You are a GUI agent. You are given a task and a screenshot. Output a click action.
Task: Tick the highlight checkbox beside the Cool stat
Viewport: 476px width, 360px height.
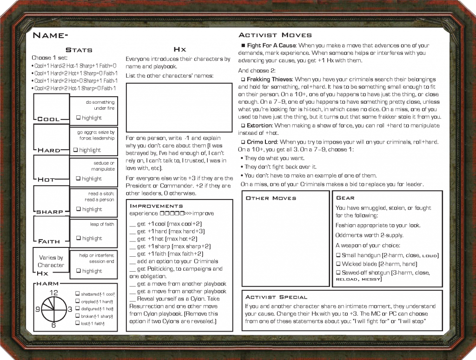coord(79,118)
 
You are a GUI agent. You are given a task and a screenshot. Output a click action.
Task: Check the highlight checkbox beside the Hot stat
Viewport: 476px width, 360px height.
coord(79,179)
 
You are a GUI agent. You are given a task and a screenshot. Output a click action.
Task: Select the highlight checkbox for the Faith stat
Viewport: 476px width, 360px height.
coord(79,238)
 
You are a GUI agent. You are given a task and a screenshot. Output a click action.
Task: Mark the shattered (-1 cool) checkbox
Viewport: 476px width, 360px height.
coord(77,294)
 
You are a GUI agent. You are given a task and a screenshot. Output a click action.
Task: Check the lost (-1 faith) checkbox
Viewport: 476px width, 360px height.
coord(77,323)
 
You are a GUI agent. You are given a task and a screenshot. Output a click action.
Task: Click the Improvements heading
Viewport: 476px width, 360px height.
coord(156,206)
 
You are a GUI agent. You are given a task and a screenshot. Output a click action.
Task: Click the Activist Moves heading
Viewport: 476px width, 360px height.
coord(275,35)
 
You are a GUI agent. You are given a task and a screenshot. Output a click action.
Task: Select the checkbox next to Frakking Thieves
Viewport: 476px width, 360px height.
coord(243,80)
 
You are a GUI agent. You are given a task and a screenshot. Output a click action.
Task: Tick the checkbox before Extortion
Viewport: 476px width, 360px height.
coord(243,126)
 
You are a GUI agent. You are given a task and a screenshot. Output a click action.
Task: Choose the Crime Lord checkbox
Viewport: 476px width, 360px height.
coord(243,141)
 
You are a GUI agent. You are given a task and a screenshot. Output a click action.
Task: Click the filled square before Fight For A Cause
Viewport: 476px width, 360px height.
coord(243,46)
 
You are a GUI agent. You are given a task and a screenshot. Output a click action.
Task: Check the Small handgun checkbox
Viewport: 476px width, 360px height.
coord(338,255)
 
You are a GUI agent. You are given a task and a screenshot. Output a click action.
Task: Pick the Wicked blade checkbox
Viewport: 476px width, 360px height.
coord(338,264)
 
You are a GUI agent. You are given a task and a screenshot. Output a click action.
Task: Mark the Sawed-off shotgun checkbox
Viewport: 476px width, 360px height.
coord(338,272)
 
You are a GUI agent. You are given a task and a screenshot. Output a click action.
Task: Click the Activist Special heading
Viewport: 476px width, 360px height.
coord(276,297)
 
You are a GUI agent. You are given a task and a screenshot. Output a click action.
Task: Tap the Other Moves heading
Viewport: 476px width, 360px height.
coord(271,198)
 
